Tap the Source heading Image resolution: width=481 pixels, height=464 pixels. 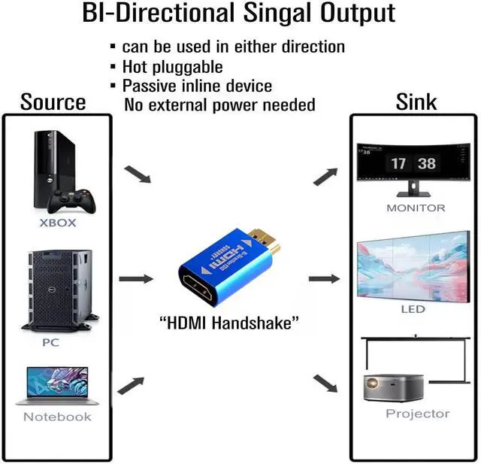53,102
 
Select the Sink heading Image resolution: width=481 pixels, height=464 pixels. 416,102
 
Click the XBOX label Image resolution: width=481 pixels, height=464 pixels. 58,223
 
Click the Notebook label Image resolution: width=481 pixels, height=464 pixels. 57,417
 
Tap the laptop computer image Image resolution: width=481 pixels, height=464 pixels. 58,386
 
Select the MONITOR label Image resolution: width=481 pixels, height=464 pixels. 416,208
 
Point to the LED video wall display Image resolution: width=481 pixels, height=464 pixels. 415,270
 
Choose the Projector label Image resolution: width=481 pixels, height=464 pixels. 417,414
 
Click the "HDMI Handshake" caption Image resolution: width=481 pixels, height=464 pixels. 230,323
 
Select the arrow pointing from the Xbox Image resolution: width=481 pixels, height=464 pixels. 136,174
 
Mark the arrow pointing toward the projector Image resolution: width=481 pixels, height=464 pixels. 325,384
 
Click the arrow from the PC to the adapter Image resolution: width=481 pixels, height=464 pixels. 135,279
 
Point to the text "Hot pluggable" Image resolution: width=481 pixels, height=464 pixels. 172,66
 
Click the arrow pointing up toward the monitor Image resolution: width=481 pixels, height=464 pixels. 325,176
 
